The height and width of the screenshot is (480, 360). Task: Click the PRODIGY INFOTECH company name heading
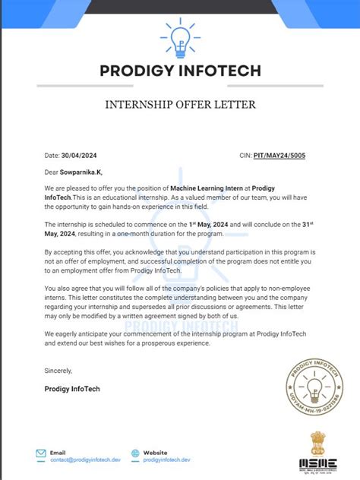tap(180, 71)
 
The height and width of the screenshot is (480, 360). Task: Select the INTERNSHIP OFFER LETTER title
tap(180, 104)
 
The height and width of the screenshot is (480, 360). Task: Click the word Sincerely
tap(58, 371)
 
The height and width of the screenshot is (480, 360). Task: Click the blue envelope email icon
tap(40, 455)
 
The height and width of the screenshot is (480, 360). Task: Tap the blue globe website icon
tap(135, 455)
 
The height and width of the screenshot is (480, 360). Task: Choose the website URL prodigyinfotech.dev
tap(166, 459)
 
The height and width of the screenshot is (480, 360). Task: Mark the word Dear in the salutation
tap(52, 172)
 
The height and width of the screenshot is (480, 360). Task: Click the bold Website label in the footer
tap(155, 451)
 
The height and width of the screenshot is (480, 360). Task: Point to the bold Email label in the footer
tap(58, 451)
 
